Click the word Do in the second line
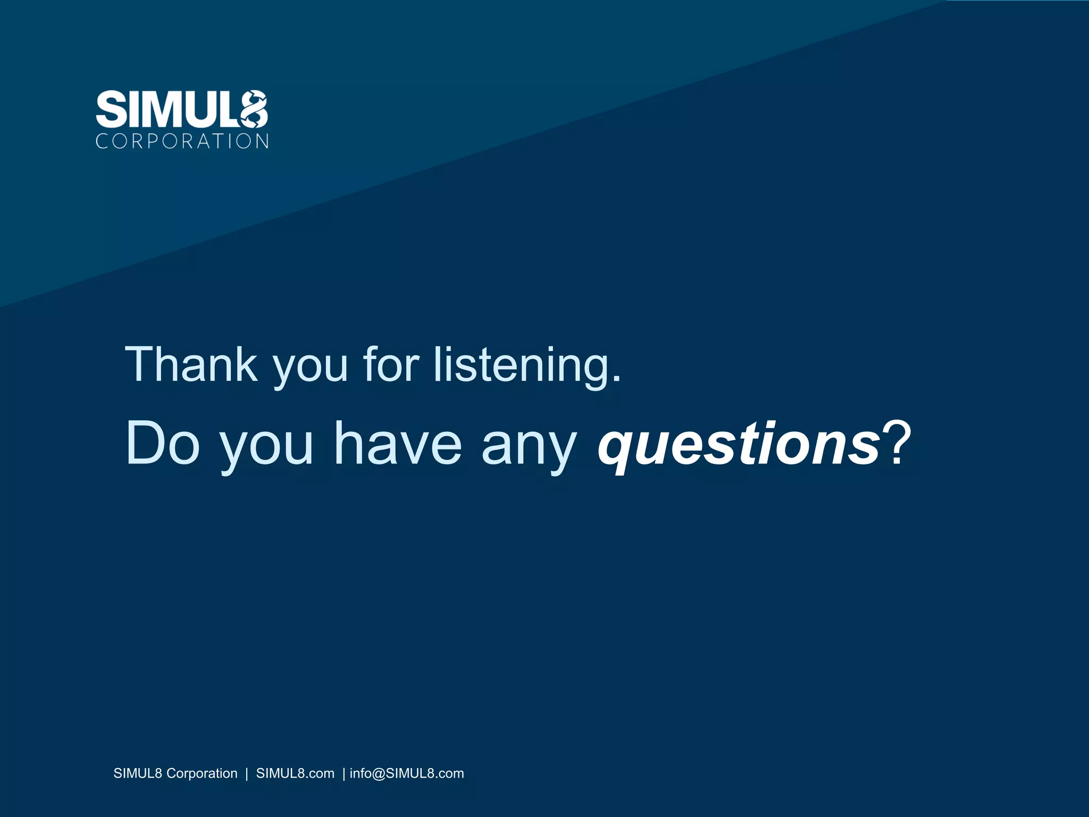coord(162,444)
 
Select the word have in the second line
coord(398,444)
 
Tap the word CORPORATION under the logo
coord(182,141)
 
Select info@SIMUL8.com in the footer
coord(407,773)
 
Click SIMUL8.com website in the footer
coord(295,773)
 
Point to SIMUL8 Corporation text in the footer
coord(175,773)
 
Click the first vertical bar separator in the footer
coord(247,774)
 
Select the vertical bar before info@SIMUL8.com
coord(344,774)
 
